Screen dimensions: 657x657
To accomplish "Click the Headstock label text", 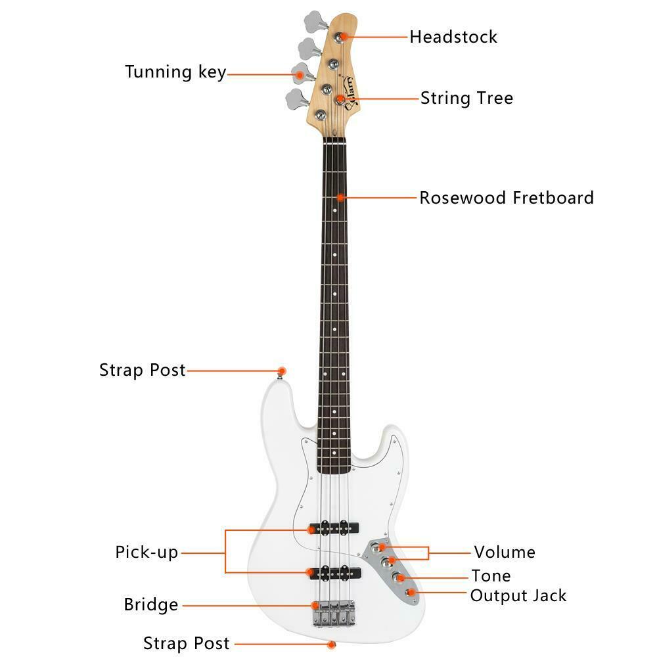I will click(453, 36).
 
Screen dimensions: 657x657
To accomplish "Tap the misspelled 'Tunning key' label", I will click(175, 72).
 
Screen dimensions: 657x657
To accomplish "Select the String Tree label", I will click(466, 99).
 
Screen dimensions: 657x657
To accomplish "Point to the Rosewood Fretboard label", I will click(507, 198).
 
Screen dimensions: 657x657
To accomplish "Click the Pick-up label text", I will click(147, 552).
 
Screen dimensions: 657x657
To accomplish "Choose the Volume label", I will click(505, 552).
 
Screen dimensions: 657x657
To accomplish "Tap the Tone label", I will click(491, 576).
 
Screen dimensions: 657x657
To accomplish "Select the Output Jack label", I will click(518, 596).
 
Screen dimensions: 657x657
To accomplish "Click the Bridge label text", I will click(151, 604).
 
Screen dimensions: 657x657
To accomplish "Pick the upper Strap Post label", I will click(143, 370).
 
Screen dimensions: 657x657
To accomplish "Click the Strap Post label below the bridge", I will click(187, 643).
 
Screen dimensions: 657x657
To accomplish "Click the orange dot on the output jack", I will click(411, 593).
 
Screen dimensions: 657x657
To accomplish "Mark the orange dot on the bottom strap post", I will click(332, 644).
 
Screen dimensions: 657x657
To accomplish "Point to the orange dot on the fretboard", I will click(340, 197).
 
